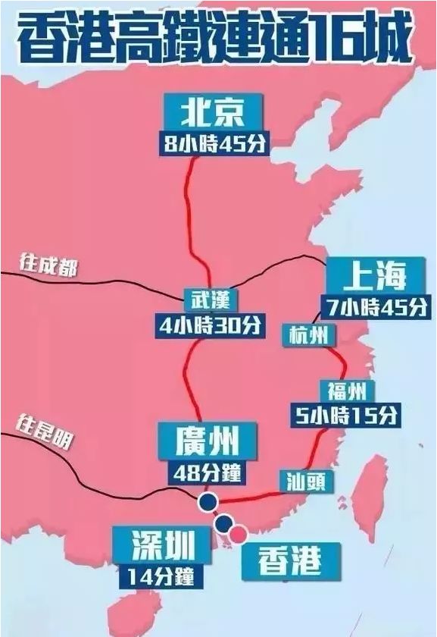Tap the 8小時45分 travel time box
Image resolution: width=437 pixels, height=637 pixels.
click(x=214, y=144)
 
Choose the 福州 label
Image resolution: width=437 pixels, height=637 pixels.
click(x=346, y=391)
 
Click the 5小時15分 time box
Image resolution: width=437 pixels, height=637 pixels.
click(x=346, y=415)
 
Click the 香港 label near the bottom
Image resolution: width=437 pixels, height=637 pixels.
click(x=290, y=561)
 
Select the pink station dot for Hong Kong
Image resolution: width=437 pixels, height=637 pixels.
click(x=239, y=534)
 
